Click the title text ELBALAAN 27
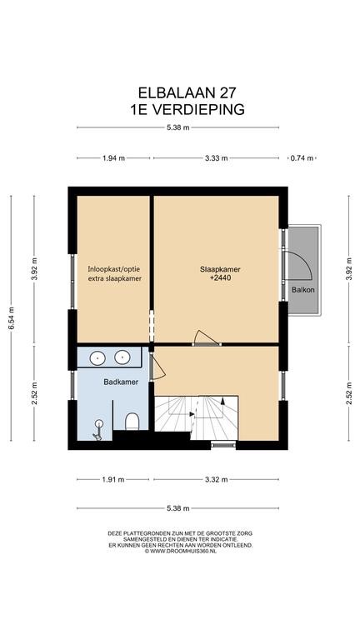(x=187, y=93)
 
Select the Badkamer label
(x=121, y=382)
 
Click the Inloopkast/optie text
(x=115, y=269)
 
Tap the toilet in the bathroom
(x=132, y=422)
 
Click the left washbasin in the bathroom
(x=97, y=358)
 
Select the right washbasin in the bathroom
(x=122, y=357)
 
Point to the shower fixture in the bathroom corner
(x=98, y=430)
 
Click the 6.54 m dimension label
(x=12, y=318)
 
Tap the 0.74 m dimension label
(x=302, y=158)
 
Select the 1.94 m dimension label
(x=113, y=158)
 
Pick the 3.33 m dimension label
(x=217, y=158)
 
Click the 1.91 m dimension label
(x=113, y=480)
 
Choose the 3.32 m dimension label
(x=217, y=480)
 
